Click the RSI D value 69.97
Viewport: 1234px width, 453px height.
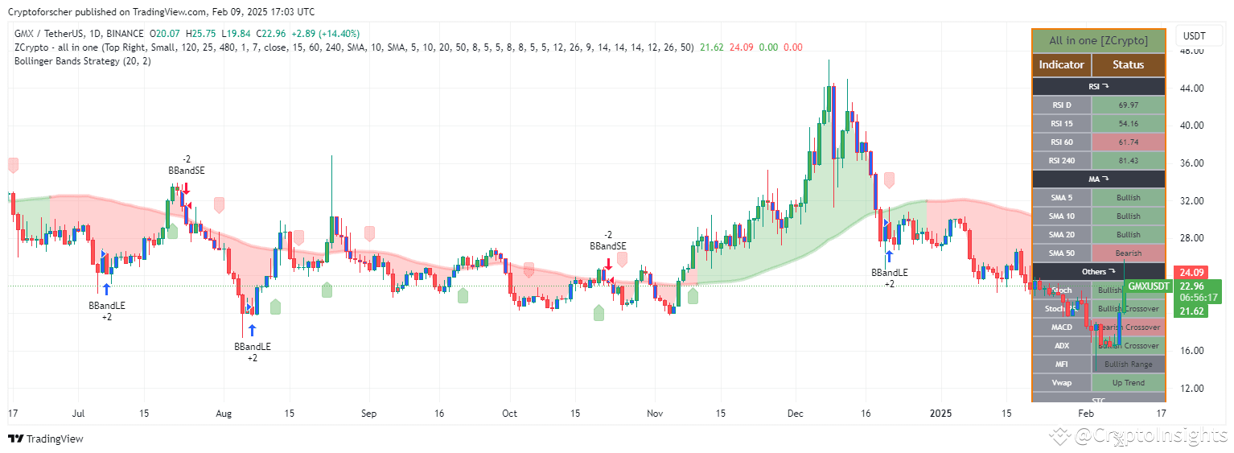(x=1128, y=105)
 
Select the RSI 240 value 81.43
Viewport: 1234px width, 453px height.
(x=1128, y=161)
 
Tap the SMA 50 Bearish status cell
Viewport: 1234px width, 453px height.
(x=1128, y=253)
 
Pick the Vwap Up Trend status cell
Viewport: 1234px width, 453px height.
(x=1128, y=383)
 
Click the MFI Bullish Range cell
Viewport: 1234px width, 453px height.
(x=1128, y=364)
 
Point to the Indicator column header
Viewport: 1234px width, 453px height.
(x=1061, y=65)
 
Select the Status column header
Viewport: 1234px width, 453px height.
(x=1128, y=65)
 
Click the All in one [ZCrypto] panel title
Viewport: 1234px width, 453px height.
(x=1098, y=41)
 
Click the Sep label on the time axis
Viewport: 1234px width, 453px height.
(x=369, y=414)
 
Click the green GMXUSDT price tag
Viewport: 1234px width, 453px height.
(x=1148, y=286)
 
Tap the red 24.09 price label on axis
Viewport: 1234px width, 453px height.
(x=1187, y=273)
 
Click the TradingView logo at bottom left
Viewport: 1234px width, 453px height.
(x=46, y=439)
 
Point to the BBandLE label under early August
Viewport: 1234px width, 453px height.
(x=253, y=347)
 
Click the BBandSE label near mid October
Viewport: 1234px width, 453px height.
(x=607, y=246)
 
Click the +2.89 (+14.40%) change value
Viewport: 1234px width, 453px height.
(x=327, y=34)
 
